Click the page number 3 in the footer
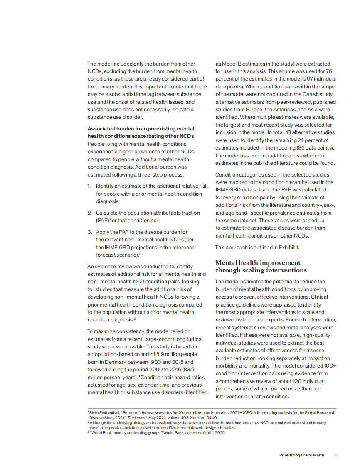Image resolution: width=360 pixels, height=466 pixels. click(x=335, y=455)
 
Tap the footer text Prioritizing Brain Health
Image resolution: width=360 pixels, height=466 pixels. click(x=301, y=455)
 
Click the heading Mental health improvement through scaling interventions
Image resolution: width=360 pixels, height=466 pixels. click(x=261, y=267)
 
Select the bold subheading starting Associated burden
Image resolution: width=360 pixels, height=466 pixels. click(x=141, y=132)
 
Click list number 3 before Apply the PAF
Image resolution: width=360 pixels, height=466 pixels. click(x=89, y=232)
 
